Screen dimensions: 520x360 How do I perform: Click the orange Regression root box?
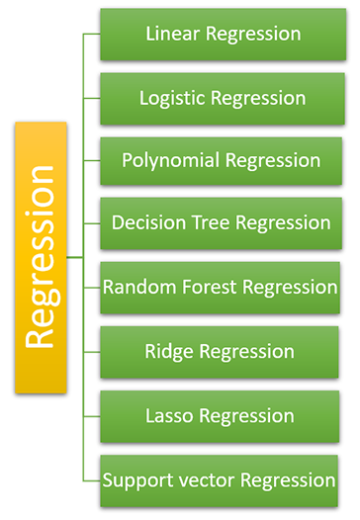click(41, 256)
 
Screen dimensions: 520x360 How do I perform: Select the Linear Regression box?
click(222, 34)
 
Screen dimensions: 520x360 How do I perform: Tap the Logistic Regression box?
click(222, 98)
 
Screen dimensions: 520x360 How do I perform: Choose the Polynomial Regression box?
click(222, 160)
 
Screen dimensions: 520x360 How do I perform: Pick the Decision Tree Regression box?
click(222, 223)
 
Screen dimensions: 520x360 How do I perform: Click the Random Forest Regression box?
click(222, 288)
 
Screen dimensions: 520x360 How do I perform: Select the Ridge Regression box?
click(222, 351)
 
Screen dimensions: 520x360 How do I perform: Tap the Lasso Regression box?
click(222, 415)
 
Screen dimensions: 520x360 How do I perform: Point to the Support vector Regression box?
click(222, 480)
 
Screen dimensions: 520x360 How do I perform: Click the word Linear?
click(172, 34)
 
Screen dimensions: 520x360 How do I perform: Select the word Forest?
click(206, 288)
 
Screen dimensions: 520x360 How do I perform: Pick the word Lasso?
click(169, 415)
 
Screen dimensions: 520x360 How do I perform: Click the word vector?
click(209, 480)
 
